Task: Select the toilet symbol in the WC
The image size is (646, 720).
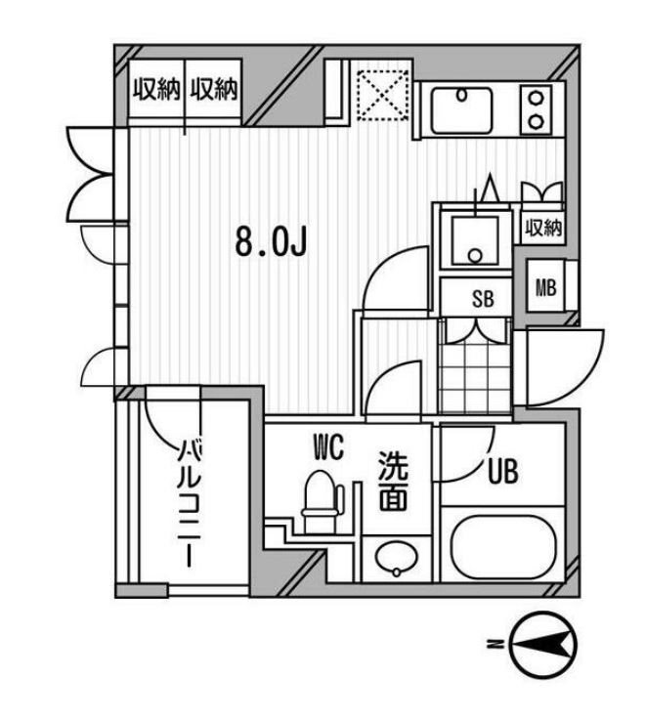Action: click(x=319, y=498)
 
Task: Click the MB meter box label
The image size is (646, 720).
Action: click(x=545, y=287)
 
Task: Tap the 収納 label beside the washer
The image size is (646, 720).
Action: click(x=544, y=229)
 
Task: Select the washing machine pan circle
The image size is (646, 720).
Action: click(x=475, y=255)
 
